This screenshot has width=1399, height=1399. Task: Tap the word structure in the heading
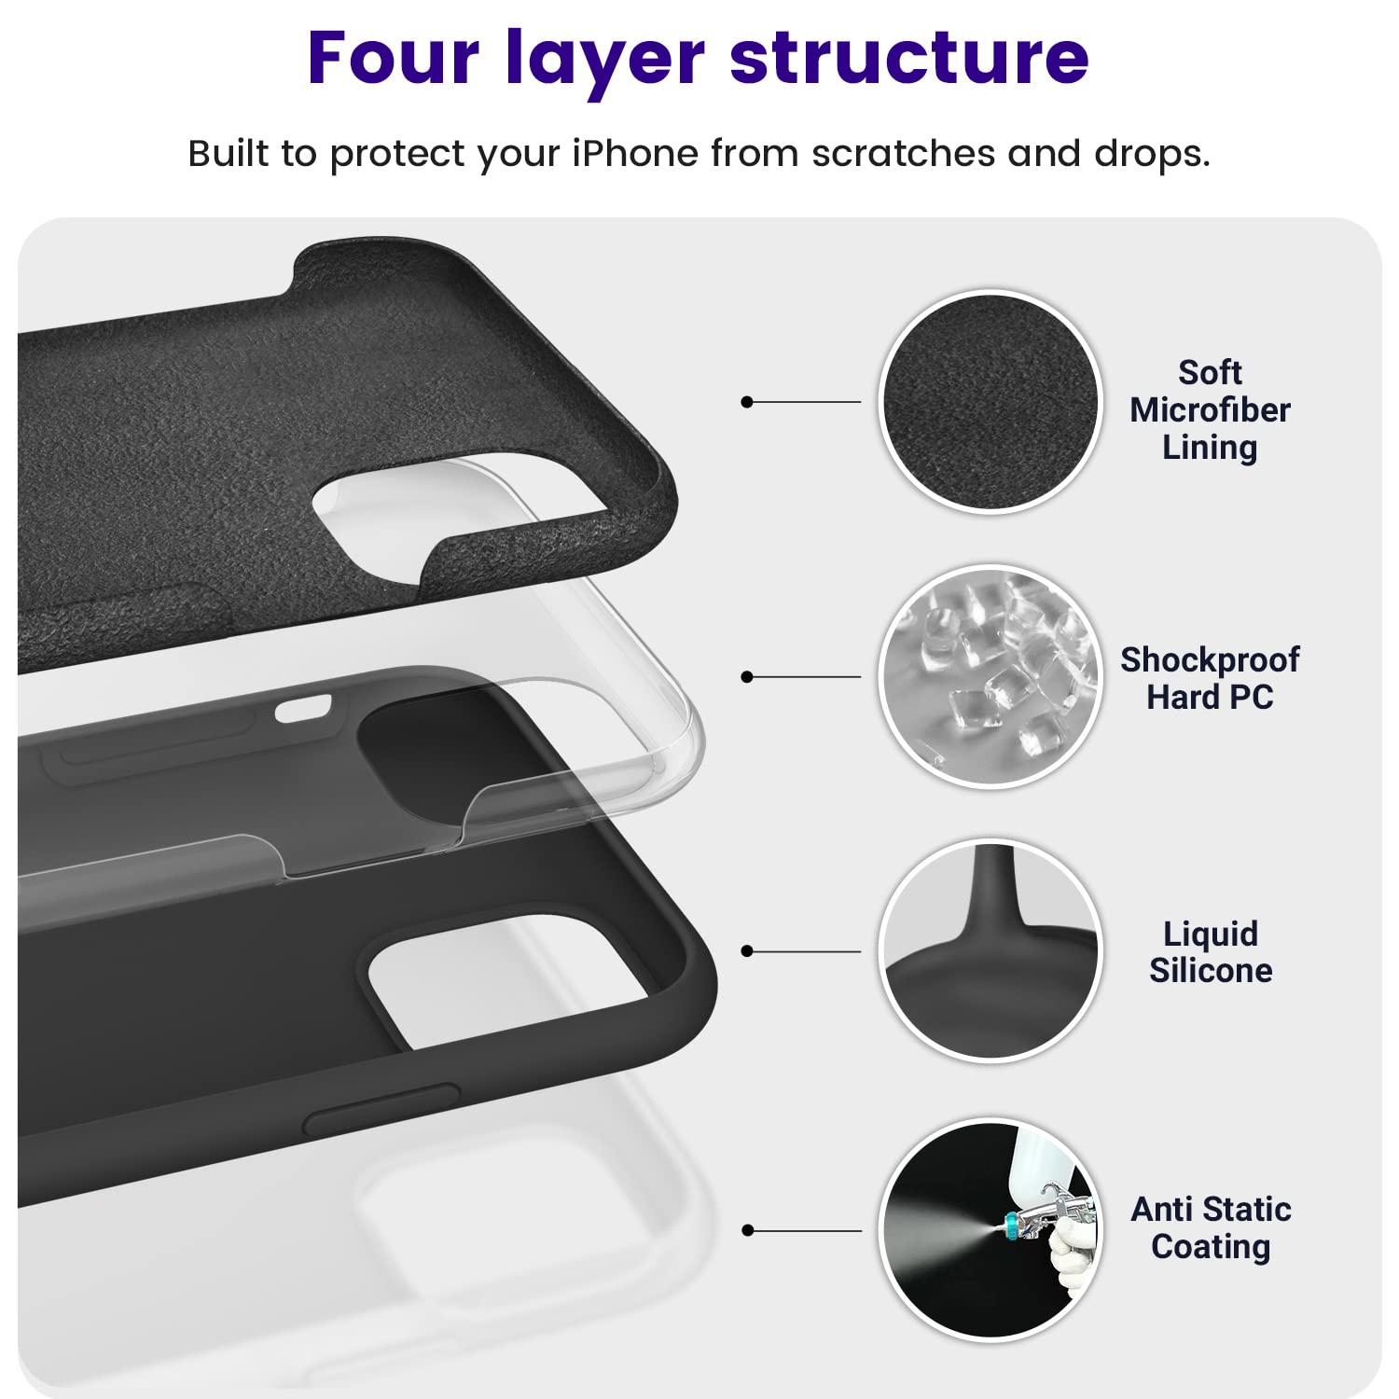[x=908, y=58]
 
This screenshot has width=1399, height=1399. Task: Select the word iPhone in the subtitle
[x=634, y=154]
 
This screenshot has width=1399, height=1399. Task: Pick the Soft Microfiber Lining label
[x=1210, y=410]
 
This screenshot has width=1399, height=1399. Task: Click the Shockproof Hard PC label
[x=1210, y=678]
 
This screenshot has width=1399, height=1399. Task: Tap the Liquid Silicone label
[x=1211, y=952]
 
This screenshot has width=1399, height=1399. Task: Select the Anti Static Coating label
[x=1211, y=1227]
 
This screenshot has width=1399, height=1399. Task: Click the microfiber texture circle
[x=990, y=402]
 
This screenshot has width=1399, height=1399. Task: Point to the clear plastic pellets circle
[x=990, y=676]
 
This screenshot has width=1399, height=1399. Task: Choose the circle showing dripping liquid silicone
[x=990, y=950]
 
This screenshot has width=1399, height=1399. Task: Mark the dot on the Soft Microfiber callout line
[x=746, y=402]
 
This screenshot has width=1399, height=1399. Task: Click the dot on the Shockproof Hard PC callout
[x=746, y=676]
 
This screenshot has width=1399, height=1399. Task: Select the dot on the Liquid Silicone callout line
[x=746, y=951]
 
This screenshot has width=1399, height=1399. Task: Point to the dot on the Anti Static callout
[x=746, y=1230]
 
